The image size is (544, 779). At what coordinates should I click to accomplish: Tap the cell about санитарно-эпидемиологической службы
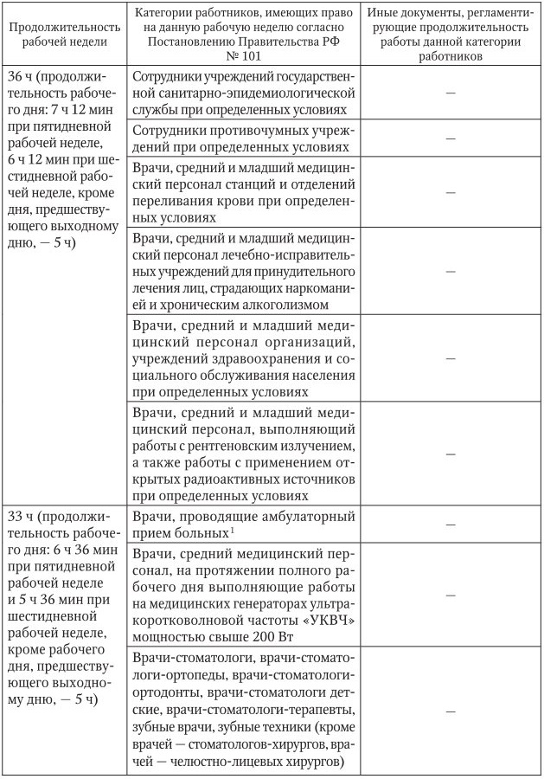click(242, 93)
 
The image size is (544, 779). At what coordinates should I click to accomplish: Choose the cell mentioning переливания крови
click(242, 192)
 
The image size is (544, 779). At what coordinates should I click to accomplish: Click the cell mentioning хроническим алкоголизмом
click(242, 270)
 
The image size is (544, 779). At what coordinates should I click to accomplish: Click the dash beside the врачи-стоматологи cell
click(447, 711)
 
